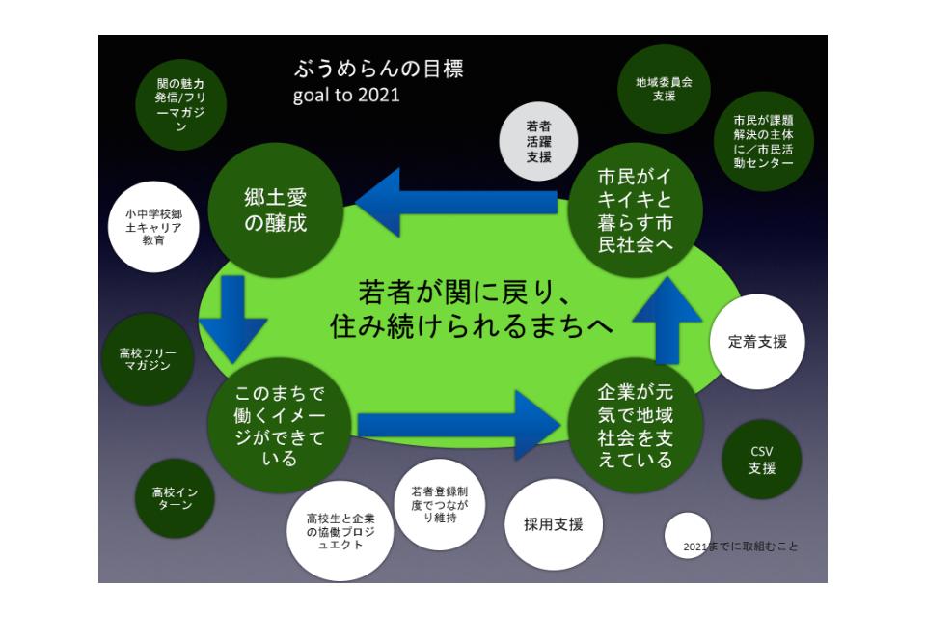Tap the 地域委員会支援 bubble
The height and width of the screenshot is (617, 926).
[664, 89]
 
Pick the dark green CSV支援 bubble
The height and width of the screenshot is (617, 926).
[762, 460]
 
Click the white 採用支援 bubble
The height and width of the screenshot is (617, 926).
[554, 524]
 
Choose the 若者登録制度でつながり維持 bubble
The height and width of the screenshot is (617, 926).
[440, 504]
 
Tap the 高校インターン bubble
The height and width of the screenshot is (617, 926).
[175, 498]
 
